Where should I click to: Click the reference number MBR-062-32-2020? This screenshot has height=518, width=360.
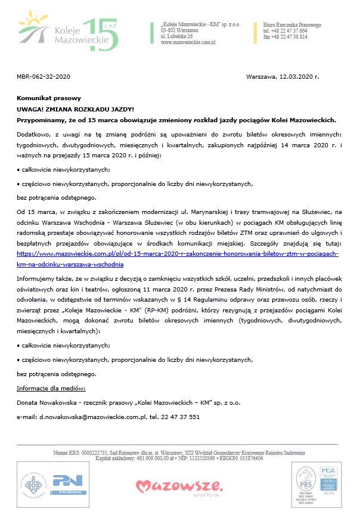pyautogui.click(x=44, y=77)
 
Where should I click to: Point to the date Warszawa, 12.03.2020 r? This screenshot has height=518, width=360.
pyautogui.click(x=283, y=77)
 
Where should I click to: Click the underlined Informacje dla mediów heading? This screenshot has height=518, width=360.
pyautogui.click(x=52, y=389)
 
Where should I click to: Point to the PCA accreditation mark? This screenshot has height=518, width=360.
pyautogui.click(x=328, y=477)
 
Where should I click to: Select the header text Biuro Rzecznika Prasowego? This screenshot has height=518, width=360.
pyautogui.click(x=292, y=25)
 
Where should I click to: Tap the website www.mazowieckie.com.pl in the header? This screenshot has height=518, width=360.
pyautogui.click(x=188, y=42)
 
